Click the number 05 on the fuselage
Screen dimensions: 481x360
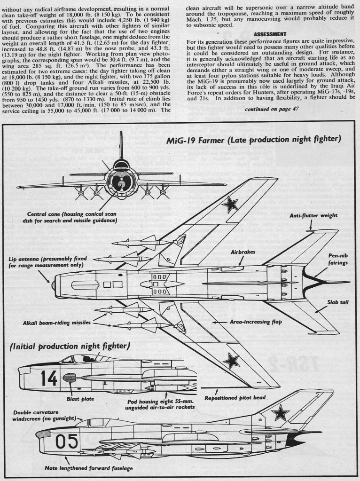tap(66, 442)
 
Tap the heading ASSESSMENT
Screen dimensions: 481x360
tap(269, 34)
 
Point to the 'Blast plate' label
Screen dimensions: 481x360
tap(80, 399)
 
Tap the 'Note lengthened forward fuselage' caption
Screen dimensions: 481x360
tap(88, 469)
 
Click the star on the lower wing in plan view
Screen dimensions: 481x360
tap(230, 361)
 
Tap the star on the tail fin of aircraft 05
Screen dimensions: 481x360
tap(281, 413)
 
